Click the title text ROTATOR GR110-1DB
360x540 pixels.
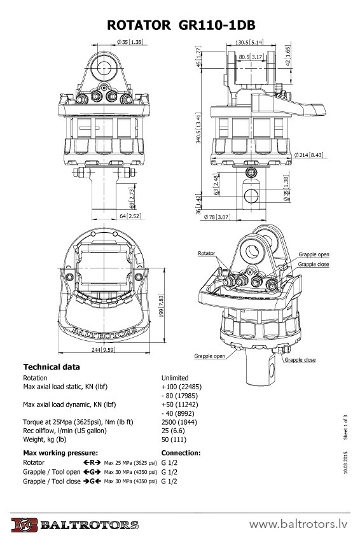coord(180,25)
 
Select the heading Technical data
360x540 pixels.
coord(52,367)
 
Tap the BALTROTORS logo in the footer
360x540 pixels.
coord(74,525)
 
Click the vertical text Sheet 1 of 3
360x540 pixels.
coord(345,429)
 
